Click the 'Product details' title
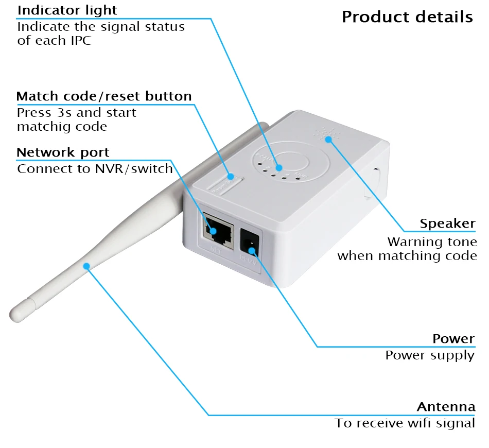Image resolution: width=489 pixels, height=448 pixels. (x=407, y=17)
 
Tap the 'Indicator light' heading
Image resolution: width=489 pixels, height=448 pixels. (x=67, y=10)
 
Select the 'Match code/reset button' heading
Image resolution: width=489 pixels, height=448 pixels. (x=104, y=96)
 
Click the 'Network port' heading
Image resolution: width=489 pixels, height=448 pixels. (x=63, y=152)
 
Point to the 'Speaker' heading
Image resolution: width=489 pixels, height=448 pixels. (x=447, y=223)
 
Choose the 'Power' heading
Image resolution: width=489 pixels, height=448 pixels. (x=453, y=339)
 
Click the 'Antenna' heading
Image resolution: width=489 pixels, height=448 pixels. (x=446, y=407)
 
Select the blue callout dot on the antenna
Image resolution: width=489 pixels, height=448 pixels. (x=87, y=266)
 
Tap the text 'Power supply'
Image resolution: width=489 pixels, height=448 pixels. (x=430, y=355)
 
